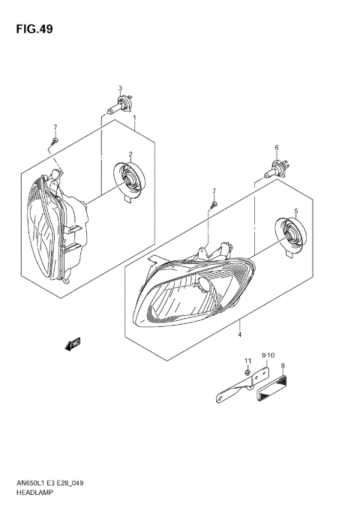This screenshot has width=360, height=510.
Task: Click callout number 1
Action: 134,118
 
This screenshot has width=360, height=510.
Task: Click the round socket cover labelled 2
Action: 127,181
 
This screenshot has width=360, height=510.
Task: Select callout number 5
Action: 296,211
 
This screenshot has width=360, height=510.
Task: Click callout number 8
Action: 282,367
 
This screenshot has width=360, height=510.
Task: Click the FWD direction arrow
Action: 73,344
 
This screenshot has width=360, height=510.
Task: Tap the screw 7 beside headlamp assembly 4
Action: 214,204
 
